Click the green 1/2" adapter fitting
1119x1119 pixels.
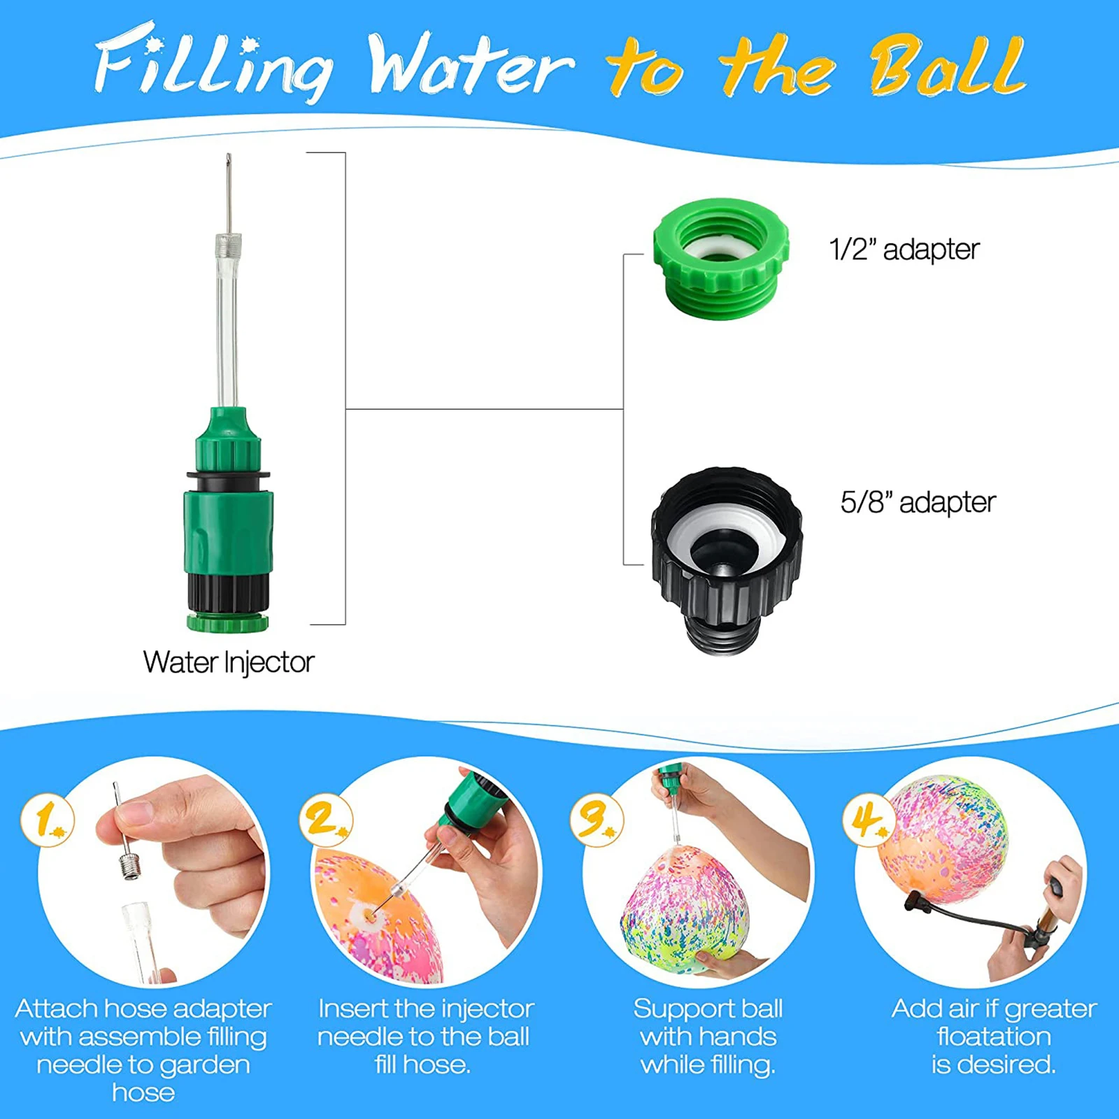click(721, 259)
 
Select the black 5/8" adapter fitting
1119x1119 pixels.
click(726, 559)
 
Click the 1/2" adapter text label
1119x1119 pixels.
click(904, 250)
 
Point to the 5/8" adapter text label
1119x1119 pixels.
click(918, 502)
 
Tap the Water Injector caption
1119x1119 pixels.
click(229, 662)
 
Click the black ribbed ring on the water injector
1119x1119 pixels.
click(228, 592)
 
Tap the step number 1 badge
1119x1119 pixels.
click(47, 820)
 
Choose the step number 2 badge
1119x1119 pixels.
click(325, 820)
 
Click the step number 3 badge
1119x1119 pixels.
click(595, 820)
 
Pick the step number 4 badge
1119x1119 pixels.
click(867, 820)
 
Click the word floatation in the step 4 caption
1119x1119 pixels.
click(994, 1036)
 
